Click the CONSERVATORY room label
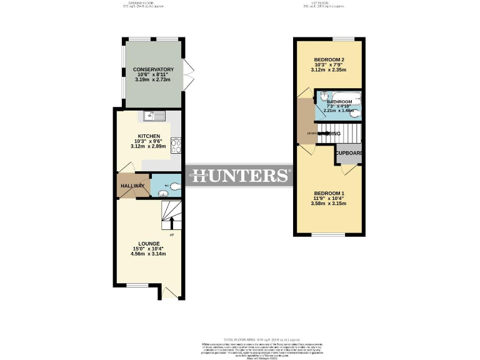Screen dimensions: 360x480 pyautogui.click(x=149, y=69)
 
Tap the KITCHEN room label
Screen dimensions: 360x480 pyautogui.click(x=149, y=136)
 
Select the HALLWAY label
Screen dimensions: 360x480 pyautogui.click(x=132, y=186)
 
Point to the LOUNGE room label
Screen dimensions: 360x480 pyautogui.click(x=149, y=244)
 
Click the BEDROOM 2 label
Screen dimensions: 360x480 pyautogui.click(x=329, y=59)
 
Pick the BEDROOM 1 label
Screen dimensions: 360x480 pyautogui.click(x=329, y=193)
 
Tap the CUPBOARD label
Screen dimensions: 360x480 pyautogui.click(x=349, y=153)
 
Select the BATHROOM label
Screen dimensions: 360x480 pyautogui.click(x=339, y=102)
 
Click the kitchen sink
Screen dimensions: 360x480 pyautogui.click(x=153, y=115)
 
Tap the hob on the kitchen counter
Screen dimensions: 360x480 pyautogui.click(x=176, y=146)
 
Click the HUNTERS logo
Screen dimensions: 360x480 pyautogui.click(x=240, y=176)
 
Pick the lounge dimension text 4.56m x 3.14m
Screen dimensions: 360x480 pyautogui.click(x=149, y=254)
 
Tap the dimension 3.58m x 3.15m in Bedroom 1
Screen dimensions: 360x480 pyautogui.click(x=329, y=204)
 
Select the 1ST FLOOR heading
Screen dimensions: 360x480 pyautogui.click(x=321, y=3)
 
